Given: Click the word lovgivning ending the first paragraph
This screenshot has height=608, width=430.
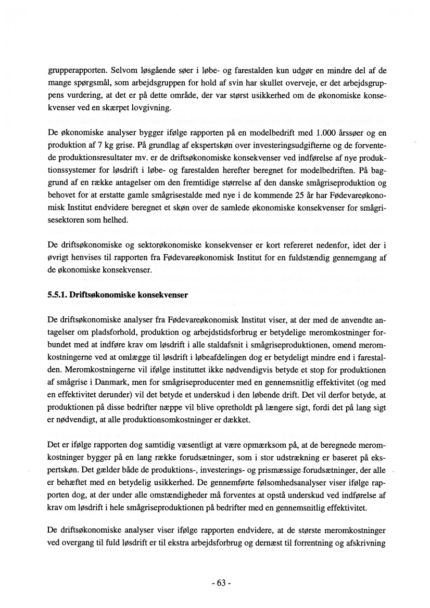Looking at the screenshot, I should (154, 108).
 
